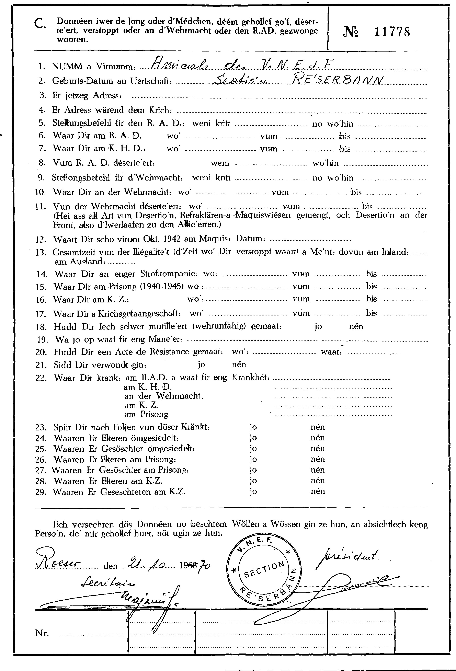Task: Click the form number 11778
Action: (392, 32)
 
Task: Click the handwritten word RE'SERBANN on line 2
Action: (338, 79)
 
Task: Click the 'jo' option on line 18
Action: (318, 327)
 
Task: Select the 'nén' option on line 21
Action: (239, 365)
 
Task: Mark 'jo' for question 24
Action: (253, 438)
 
